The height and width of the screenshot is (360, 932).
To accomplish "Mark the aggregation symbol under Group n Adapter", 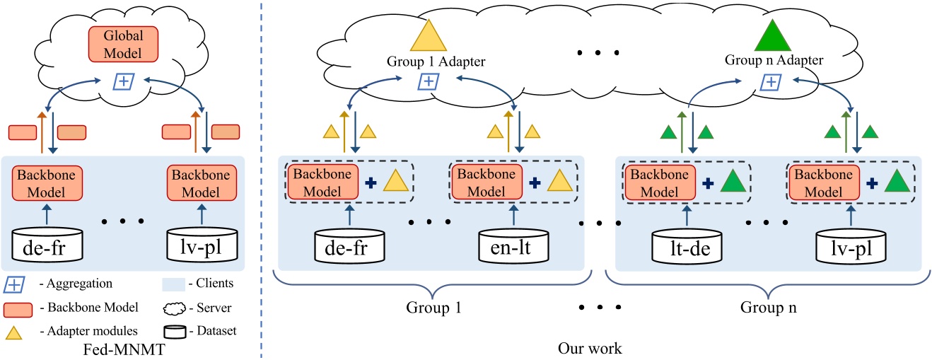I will point(771,83).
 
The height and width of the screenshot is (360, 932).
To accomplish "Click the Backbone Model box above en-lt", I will point(482,182).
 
